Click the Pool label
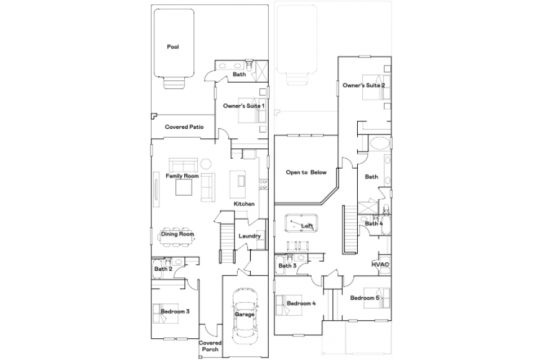[x=173, y=47]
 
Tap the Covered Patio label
[x=184, y=127]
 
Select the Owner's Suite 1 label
[x=244, y=106]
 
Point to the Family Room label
[x=182, y=176]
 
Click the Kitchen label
[x=244, y=204]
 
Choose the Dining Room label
[x=177, y=234]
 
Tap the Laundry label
[x=250, y=236]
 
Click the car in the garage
[x=245, y=315]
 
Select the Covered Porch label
[x=210, y=346]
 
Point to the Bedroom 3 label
[x=175, y=311]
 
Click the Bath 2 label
[x=163, y=269]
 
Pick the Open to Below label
[x=306, y=173]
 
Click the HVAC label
[x=380, y=265]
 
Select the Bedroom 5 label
[x=365, y=298]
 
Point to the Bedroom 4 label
[x=301, y=303]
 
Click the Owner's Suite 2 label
[x=363, y=85]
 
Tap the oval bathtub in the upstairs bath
[x=380, y=143]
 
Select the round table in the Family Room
[x=206, y=163]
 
